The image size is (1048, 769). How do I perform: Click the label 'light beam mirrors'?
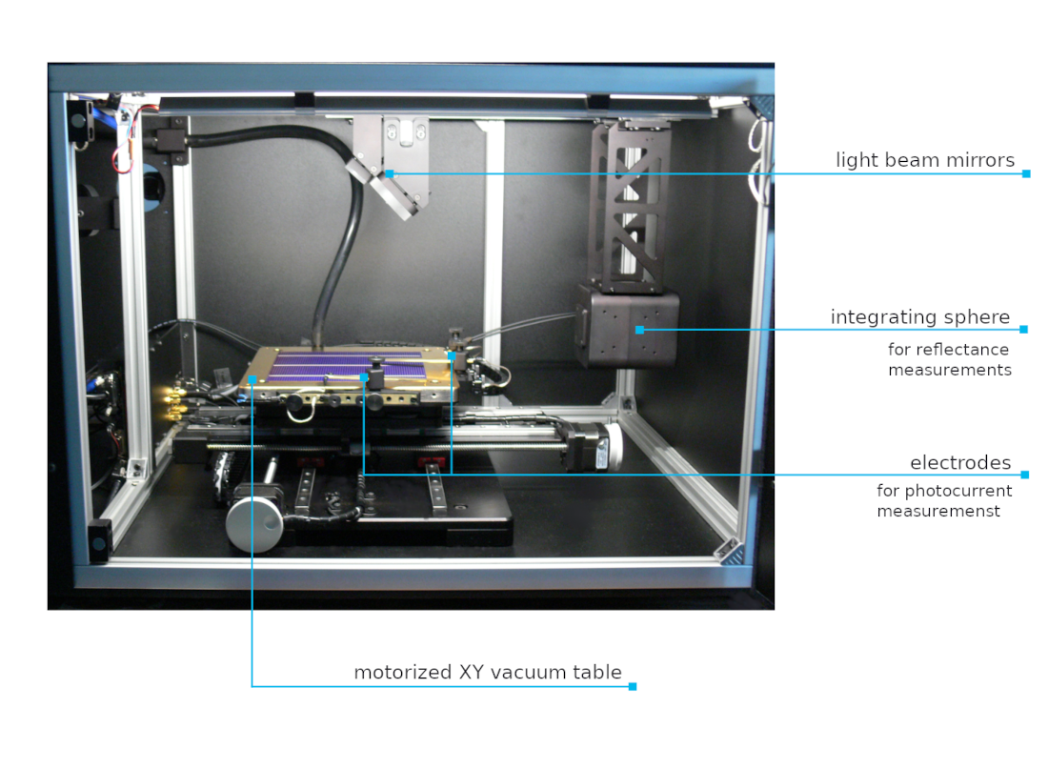(x=925, y=160)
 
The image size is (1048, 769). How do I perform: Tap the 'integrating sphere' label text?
(x=920, y=317)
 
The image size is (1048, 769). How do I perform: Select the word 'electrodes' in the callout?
(x=960, y=463)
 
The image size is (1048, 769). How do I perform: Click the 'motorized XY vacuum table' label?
(x=488, y=672)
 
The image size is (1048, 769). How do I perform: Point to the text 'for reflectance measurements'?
(x=950, y=360)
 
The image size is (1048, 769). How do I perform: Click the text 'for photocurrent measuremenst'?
(x=944, y=501)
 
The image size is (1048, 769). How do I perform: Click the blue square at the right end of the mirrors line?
(x=1027, y=173)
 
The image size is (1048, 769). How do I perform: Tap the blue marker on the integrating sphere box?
(x=639, y=330)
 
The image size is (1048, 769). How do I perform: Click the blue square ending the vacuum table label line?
(x=633, y=686)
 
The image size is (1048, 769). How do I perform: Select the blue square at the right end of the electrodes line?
(x=1025, y=475)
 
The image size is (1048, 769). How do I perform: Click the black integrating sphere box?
(x=627, y=326)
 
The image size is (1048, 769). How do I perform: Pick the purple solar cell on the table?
(x=348, y=366)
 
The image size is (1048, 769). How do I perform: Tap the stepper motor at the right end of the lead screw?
(x=592, y=445)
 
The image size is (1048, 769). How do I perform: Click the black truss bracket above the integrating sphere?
(x=629, y=208)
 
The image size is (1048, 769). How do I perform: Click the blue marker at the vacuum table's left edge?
(x=252, y=379)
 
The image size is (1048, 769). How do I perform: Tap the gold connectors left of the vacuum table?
(x=175, y=401)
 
